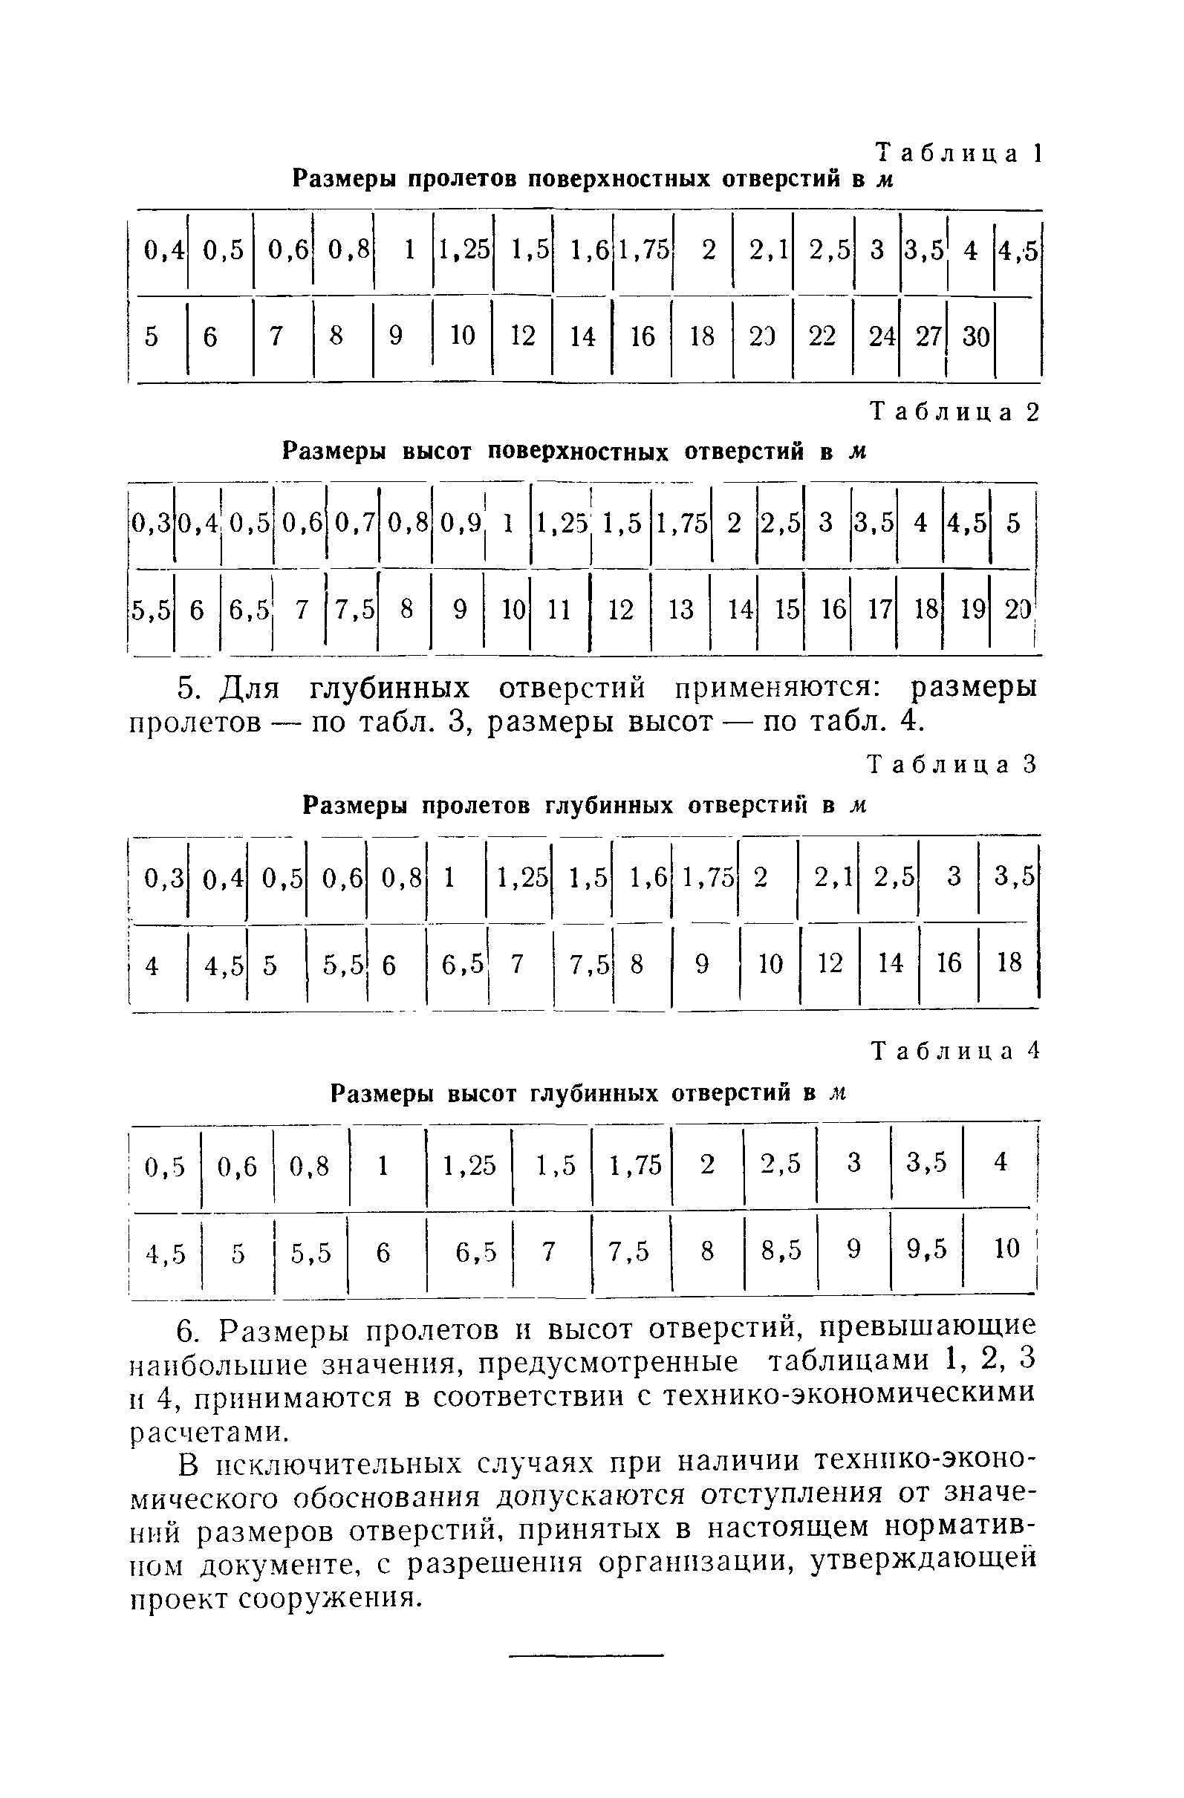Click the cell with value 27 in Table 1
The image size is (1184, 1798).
click(928, 336)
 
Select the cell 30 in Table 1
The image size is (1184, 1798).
click(975, 336)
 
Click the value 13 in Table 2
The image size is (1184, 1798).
click(681, 609)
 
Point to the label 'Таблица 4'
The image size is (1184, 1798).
click(956, 1052)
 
